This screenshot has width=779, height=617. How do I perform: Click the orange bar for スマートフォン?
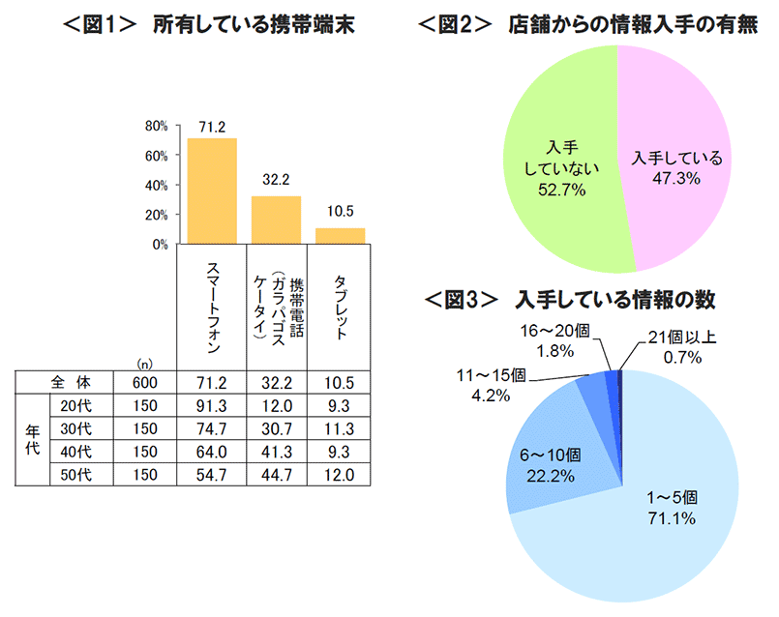pos(212,191)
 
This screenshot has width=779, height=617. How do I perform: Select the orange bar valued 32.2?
pos(276,220)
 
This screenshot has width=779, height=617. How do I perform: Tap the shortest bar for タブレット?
pos(340,236)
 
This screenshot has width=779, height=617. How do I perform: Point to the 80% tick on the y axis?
pos(157,126)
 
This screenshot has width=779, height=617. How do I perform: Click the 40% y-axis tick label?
pos(157,185)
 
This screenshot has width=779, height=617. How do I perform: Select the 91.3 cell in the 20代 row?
pos(212,404)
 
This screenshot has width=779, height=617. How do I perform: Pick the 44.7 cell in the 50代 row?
pos(276,474)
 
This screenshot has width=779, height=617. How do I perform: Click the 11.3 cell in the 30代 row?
pos(340,427)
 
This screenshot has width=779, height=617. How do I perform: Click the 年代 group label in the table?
pos(32,439)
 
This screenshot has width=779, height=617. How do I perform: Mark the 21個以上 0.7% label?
pos(682,344)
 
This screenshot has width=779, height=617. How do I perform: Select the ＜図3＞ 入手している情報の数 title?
pos(571,300)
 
